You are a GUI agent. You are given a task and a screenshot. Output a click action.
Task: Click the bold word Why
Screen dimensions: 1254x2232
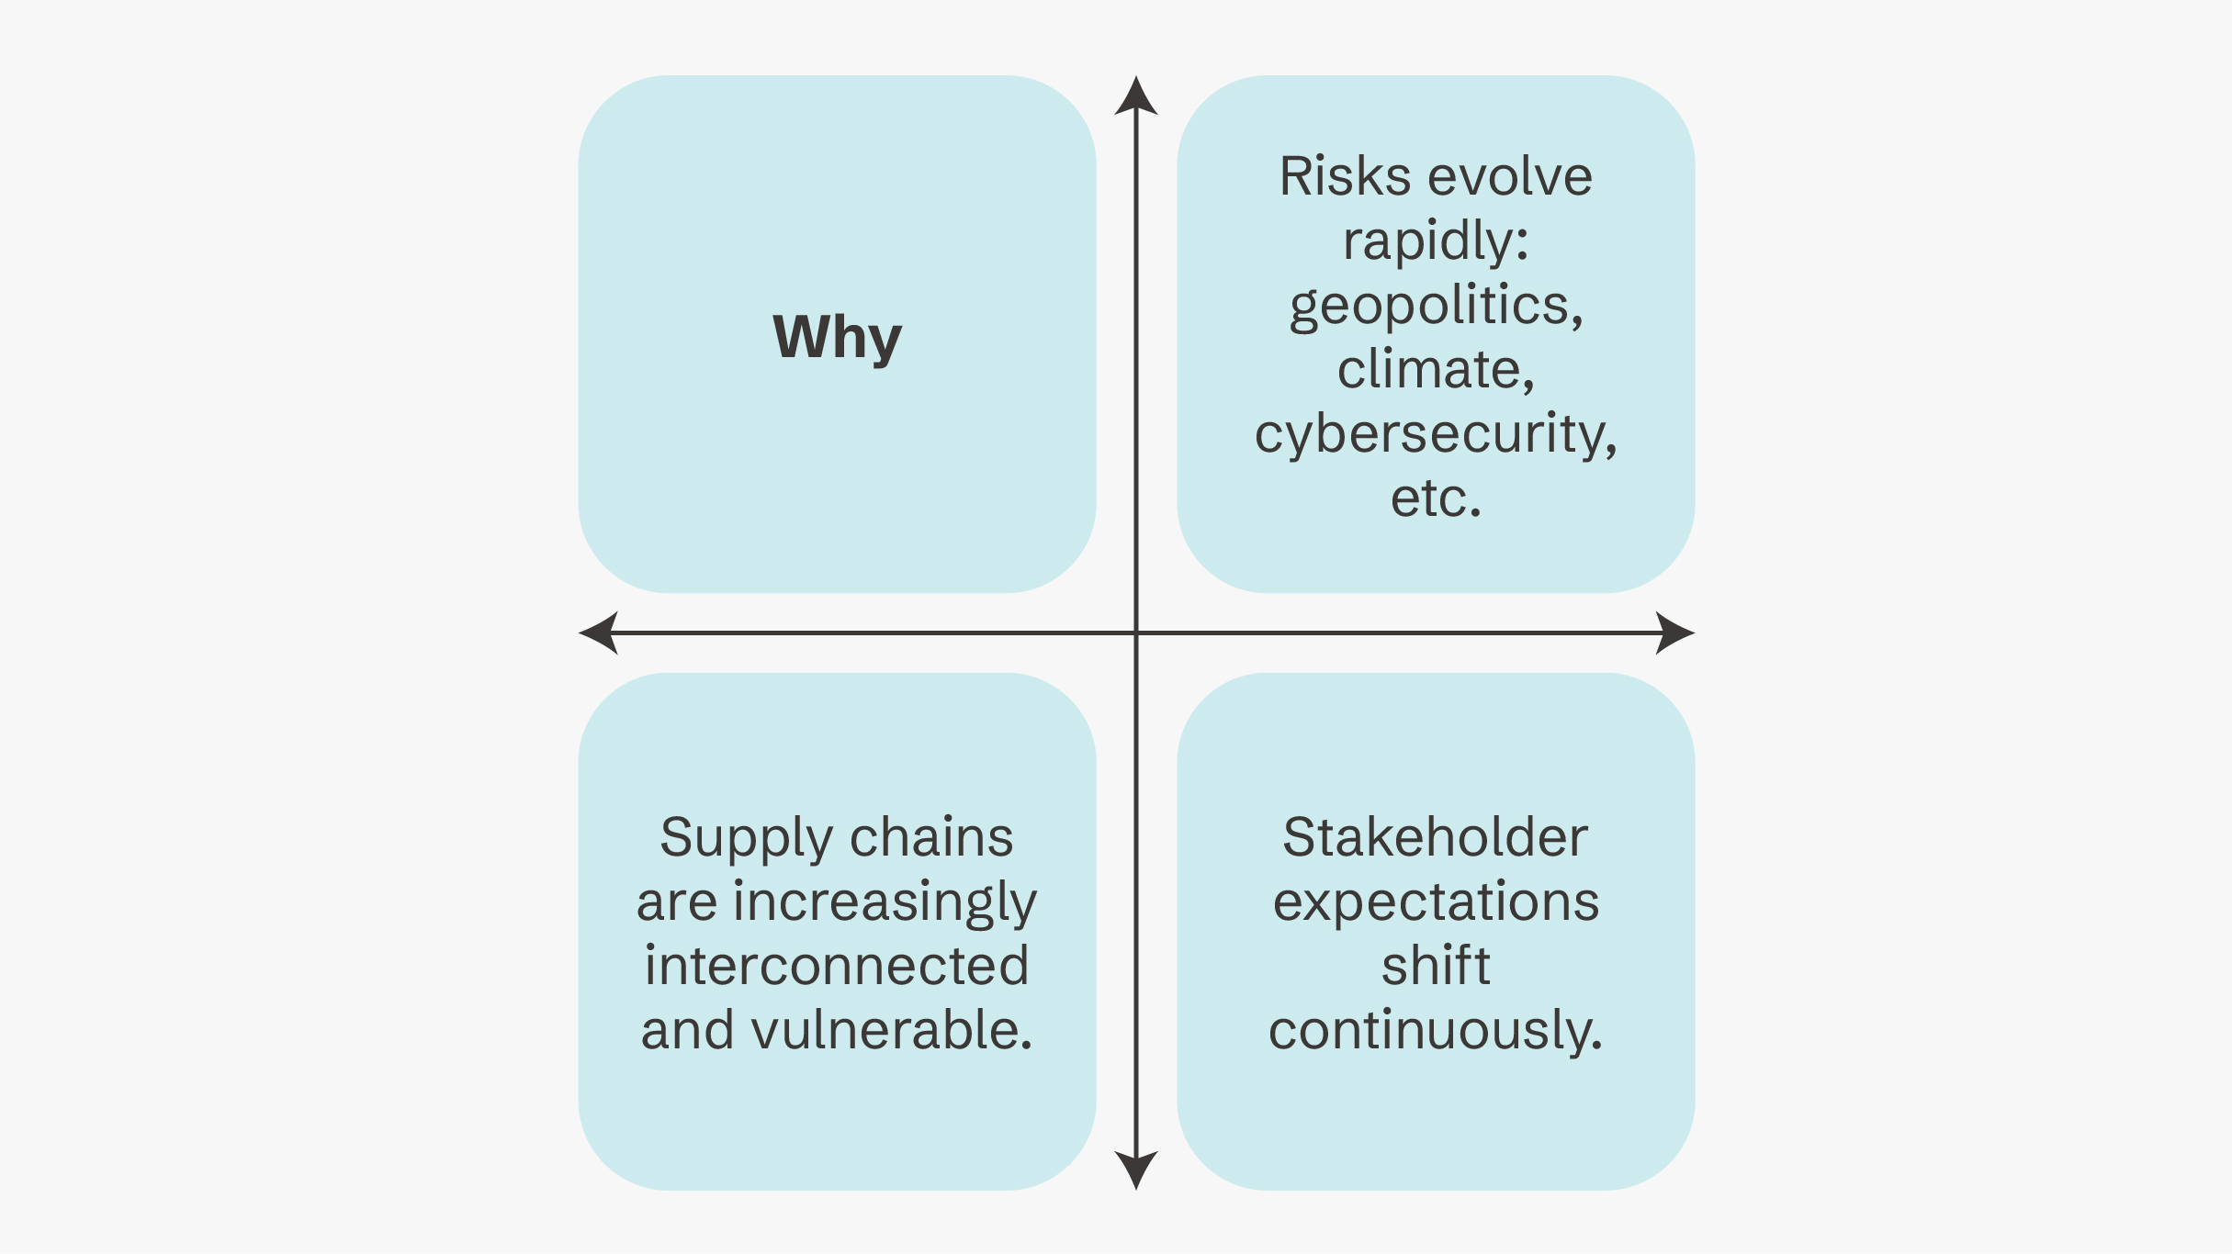click(x=837, y=337)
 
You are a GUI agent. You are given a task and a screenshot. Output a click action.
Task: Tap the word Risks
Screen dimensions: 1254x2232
click(x=1345, y=176)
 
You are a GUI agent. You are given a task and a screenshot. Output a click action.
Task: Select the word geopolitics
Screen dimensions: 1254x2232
click(x=1435, y=307)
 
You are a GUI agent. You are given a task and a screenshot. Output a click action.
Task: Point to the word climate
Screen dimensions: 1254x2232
click(x=1435, y=370)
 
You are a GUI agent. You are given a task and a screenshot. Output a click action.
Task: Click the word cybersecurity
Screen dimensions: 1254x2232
click(x=1435, y=435)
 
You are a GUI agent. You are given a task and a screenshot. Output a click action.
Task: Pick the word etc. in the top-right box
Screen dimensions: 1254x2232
click(x=1436, y=498)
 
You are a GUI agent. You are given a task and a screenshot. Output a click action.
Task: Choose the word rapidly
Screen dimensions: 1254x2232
click(x=1435, y=242)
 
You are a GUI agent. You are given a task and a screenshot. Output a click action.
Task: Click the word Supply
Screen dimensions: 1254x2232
click(x=746, y=839)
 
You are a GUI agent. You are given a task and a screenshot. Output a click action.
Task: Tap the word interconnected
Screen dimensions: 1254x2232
click(x=837, y=967)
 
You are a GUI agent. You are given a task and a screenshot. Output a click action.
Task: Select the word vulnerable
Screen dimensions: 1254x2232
click(x=891, y=1030)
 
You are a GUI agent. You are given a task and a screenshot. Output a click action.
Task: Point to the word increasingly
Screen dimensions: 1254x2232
click(x=885, y=903)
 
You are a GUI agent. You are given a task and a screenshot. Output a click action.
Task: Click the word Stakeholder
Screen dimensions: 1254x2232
click(x=1435, y=837)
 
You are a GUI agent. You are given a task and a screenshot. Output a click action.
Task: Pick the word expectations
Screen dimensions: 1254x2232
click(x=1435, y=903)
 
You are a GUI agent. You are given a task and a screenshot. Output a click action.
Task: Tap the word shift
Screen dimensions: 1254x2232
click(x=1436, y=966)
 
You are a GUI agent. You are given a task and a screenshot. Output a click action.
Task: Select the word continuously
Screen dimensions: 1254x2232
click(x=1435, y=1030)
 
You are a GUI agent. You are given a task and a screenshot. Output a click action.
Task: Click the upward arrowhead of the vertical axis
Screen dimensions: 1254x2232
click(x=1136, y=95)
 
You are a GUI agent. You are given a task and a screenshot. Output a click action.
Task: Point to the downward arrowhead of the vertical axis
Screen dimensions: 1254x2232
click(x=1136, y=1170)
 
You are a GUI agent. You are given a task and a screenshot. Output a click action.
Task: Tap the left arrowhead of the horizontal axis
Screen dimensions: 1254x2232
click(x=599, y=633)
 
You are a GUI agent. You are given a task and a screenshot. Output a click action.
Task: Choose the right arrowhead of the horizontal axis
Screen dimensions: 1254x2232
click(x=1674, y=633)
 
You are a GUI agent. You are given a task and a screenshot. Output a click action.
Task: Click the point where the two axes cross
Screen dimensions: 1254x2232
click(x=1136, y=633)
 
